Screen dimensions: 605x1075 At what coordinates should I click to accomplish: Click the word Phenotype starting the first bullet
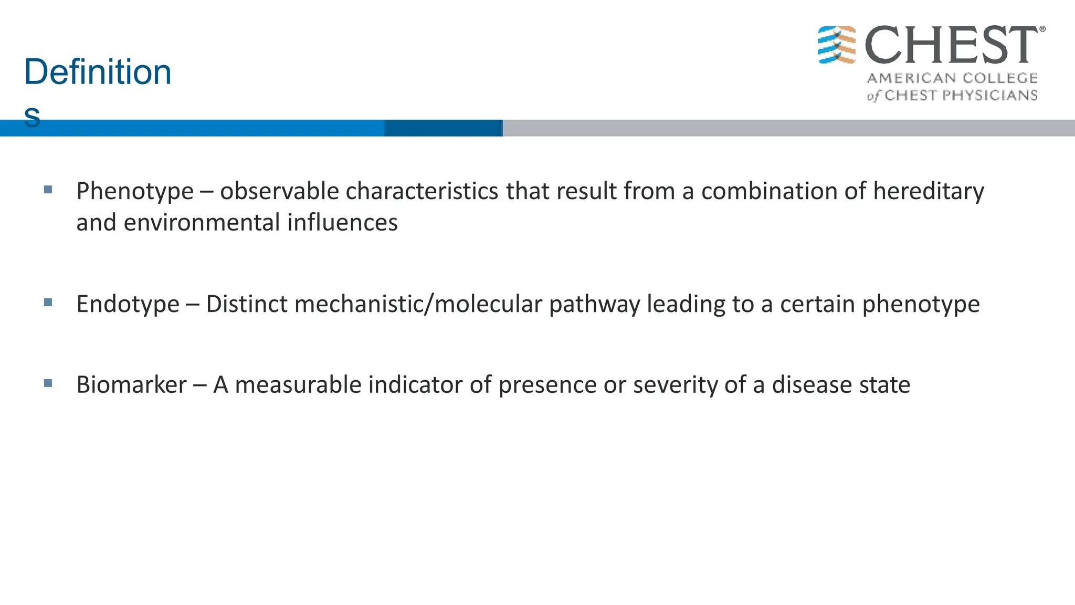coord(135,192)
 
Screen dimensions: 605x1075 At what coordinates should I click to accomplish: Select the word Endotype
coord(128,304)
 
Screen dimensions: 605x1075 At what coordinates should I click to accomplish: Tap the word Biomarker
coord(131,385)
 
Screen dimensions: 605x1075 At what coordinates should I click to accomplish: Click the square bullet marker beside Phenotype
coord(48,190)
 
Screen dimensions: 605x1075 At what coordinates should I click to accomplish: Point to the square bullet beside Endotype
coord(48,302)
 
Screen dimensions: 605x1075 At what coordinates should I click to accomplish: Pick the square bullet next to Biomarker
coord(48,383)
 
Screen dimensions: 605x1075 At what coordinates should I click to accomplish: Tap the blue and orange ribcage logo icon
coord(837,45)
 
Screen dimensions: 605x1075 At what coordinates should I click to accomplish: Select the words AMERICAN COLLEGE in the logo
coord(952,78)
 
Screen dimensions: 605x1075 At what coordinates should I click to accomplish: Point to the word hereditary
coord(928,191)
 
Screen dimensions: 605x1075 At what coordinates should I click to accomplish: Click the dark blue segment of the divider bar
coord(443,128)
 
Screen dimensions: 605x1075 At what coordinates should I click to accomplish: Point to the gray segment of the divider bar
coord(787,128)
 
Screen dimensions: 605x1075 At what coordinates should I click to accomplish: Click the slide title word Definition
coord(98,72)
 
